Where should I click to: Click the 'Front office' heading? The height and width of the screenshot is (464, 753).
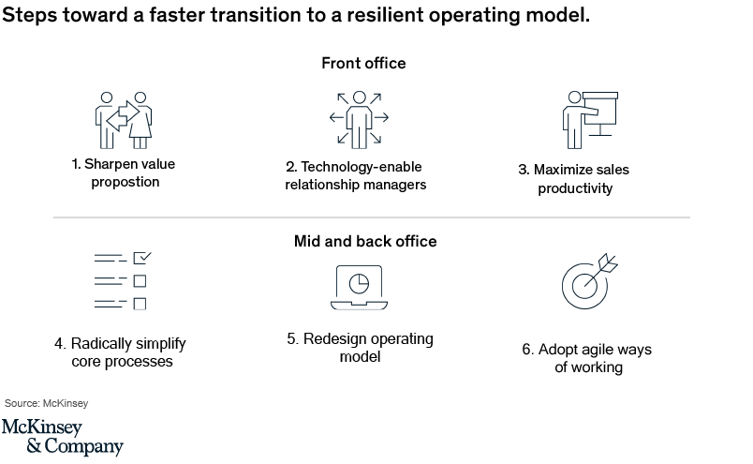pos(363,63)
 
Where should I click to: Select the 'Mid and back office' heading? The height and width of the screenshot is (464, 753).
pos(365,241)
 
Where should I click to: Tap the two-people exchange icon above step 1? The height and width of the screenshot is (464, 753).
pos(124,120)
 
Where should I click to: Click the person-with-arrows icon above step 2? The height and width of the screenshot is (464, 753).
pos(360,120)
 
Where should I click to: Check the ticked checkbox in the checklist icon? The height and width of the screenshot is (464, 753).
pos(142,258)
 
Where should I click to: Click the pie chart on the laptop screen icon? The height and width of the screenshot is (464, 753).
pos(359,284)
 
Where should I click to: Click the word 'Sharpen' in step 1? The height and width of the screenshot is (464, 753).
pos(107,164)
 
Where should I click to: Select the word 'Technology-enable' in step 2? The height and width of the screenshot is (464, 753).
pos(362,167)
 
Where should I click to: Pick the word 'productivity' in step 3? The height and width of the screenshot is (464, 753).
pos(575,188)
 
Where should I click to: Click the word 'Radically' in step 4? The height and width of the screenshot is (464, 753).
pos(101,344)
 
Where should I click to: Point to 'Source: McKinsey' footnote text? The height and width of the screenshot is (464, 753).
pos(47,403)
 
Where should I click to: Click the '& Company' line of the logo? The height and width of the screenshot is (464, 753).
pos(75,446)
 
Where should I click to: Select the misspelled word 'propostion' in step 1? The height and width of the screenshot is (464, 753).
pos(125,182)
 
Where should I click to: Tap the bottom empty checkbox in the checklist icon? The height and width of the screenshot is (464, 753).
pos(140,304)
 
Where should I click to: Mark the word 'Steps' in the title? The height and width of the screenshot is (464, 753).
pos(29,15)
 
